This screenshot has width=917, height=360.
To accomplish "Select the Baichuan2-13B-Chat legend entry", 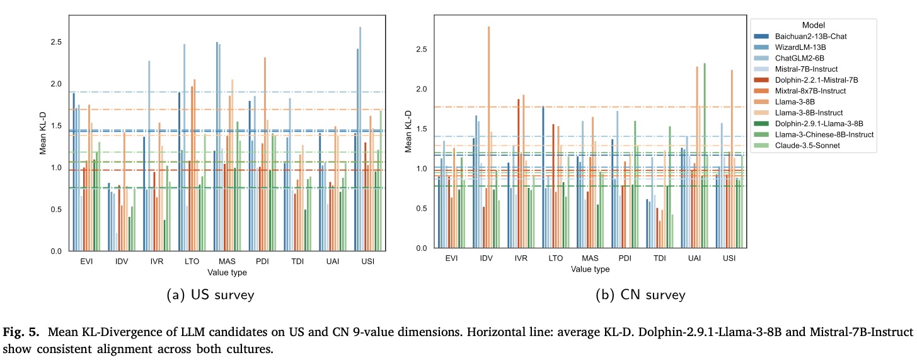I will pos(811,37).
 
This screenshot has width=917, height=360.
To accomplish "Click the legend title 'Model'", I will pos(814,25).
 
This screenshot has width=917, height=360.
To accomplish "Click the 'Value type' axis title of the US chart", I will pos(227,272).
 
